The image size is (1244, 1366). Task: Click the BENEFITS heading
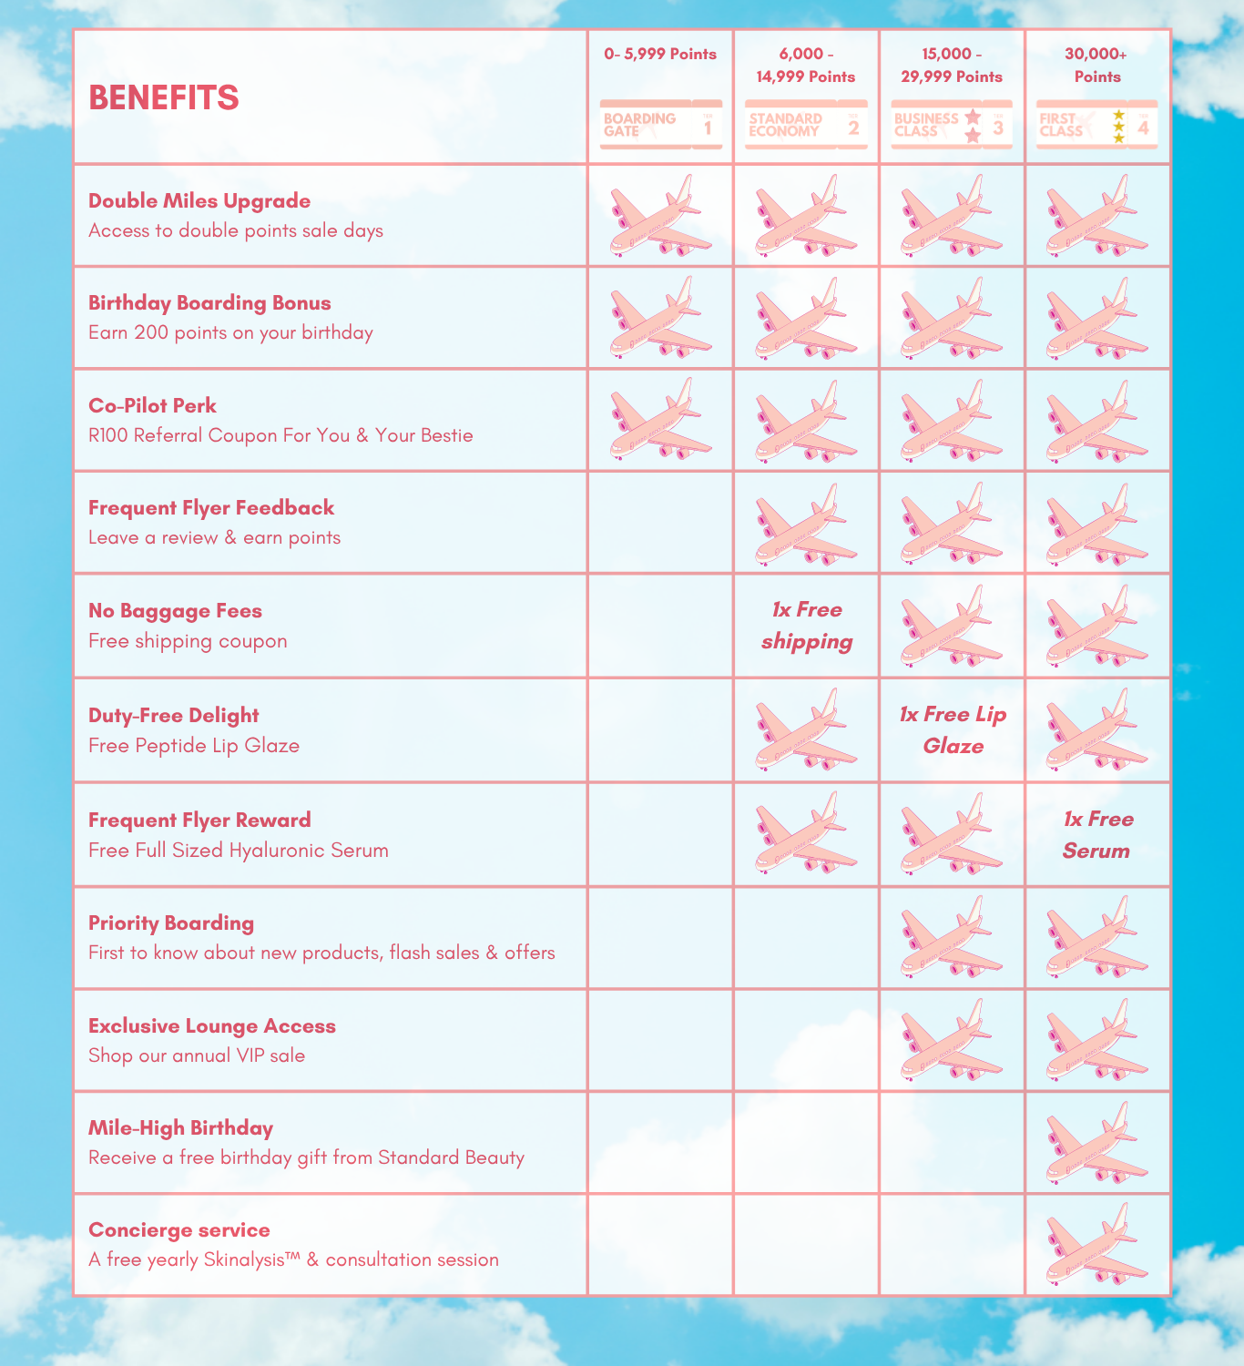pos(164,97)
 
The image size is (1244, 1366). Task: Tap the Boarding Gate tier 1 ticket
pos(660,125)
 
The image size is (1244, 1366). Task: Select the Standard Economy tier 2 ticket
pos(806,125)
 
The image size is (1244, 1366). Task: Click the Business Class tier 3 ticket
pos(952,125)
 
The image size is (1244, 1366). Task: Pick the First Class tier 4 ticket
pos(1097,125)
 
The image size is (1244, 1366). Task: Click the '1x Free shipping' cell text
pos(807,626)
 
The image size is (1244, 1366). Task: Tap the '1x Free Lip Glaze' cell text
pos(953,730)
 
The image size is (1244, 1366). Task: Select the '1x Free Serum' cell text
pos(1097,835)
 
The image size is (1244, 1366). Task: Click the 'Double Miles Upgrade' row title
pos(199,201)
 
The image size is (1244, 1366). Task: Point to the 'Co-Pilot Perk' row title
pos(152,406)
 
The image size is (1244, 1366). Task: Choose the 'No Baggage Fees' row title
pos(175,611)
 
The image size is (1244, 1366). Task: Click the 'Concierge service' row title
pos(179,1230)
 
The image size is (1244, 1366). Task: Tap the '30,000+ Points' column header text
pos(1097,66)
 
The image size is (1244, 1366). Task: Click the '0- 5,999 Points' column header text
pos(660,55)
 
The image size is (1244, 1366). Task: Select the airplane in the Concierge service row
pos(1096,1244)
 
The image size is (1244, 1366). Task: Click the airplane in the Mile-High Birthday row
pos(1096,1142)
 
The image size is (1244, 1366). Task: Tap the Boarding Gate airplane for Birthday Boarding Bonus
pos(660,318)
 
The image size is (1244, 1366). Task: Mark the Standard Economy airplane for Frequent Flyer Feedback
pos(806,524)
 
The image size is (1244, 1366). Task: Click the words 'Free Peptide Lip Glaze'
pos(194,746)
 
